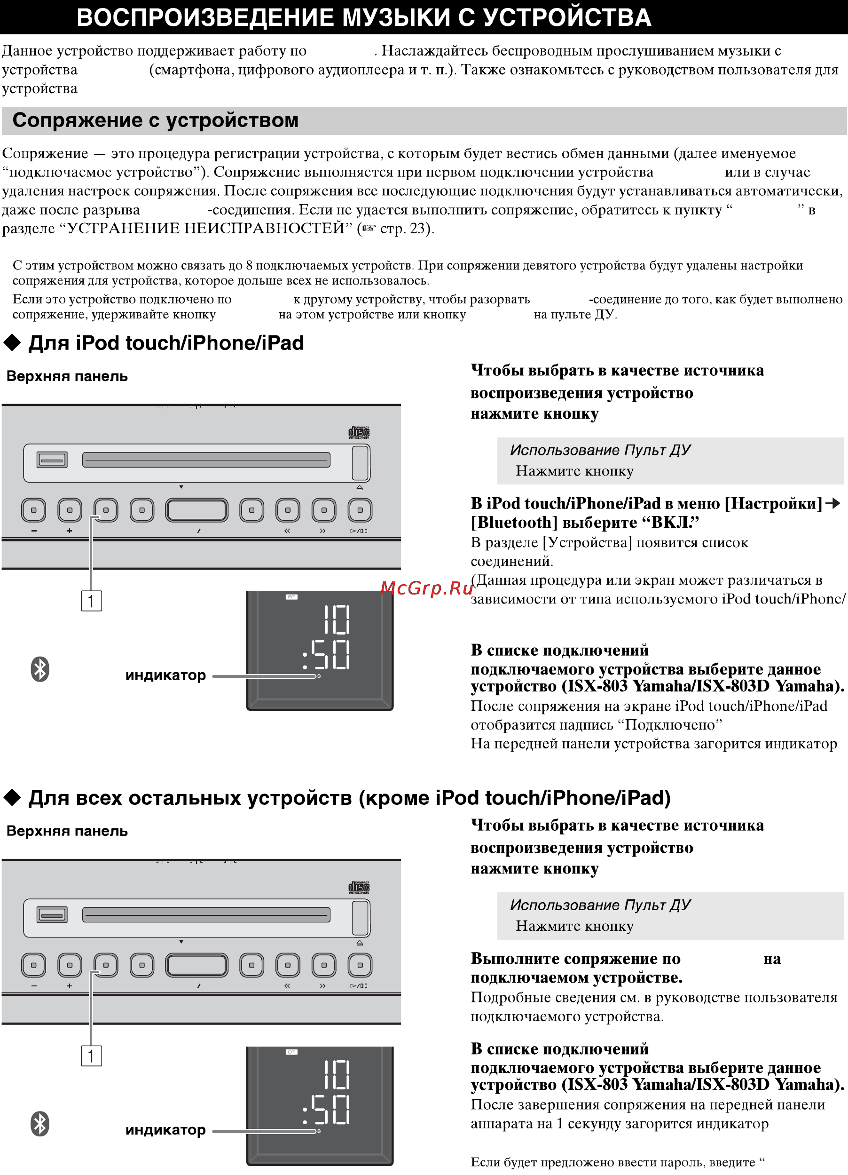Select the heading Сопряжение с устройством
(x=155, y=120)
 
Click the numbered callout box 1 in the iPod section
(x=91, y=601)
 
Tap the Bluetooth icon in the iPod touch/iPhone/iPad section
(x=40, y=669)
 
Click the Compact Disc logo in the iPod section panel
(x=359, y=433)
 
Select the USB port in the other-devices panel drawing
(x=52, y=914)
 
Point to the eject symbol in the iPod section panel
(x=360, y=487)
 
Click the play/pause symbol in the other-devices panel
(x=359, y=986)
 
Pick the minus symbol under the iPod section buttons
(x=34, y=531)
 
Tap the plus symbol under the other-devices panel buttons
(x=70, y=986)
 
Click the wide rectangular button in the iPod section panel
(x=197, y=510)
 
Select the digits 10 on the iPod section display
(x=337, y=620)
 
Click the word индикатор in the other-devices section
(x=165, y=1130)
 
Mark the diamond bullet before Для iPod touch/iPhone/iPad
(x=12, y=343)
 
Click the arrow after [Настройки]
(x=832, y=503)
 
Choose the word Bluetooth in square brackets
(x=514, y=522)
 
